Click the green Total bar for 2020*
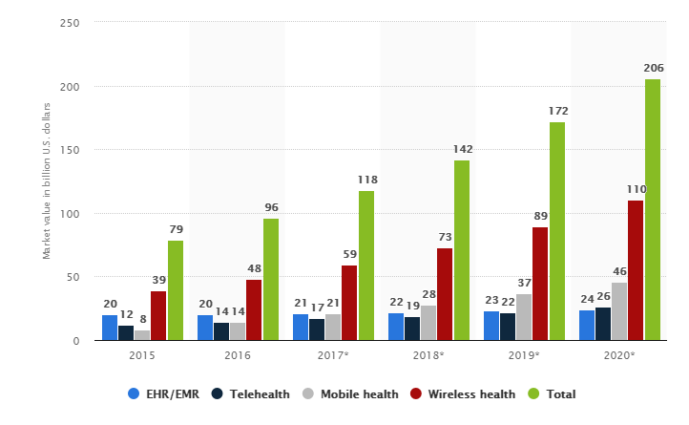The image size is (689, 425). (x=652, y=210)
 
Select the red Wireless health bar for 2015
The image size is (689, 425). (x=158, y=315)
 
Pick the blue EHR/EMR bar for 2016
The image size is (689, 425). (x=205, y=328)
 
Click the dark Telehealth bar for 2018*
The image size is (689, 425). (x=412, y=329)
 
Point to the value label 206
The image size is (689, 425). (x=653, y=69)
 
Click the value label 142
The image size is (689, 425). (x=462, y=149)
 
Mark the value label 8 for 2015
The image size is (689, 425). (x=142, y=320)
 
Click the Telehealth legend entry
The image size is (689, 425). (x=252, y=393)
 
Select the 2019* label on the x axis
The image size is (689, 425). (x=524, y=356)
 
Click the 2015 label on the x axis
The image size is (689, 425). (x=142, y=356)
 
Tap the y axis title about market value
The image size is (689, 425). (x=46, y=182)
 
